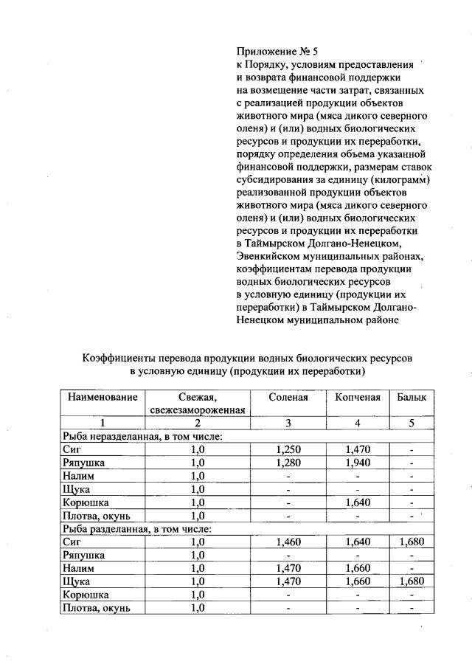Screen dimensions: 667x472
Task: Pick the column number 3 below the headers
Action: tap(288, 423)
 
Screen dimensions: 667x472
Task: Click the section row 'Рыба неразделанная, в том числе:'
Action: tap(142, 436)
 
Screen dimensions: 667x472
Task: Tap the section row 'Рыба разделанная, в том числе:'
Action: tap(136, 528)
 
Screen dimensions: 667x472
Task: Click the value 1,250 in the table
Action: tap(288, 449)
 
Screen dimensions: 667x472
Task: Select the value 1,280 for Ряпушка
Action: tap(288, 463)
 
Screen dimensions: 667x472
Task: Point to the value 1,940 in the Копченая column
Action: tap(357, 463)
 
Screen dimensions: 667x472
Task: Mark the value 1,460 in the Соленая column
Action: tap(288, 542)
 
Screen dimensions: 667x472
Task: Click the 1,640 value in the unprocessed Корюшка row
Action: tap(357, 502)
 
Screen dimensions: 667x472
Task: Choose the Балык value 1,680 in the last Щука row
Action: tap(412, 581)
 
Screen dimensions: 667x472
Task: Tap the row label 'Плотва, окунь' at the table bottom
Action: tap(97, 608)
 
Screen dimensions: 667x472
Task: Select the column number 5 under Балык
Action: tap(412, 423)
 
